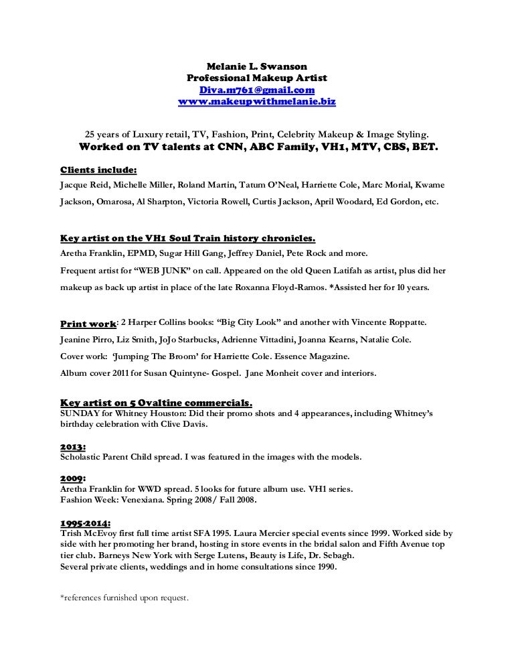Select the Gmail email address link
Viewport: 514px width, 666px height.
(x=256, y=90)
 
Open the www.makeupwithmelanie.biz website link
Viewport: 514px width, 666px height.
(x=256, y=102)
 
